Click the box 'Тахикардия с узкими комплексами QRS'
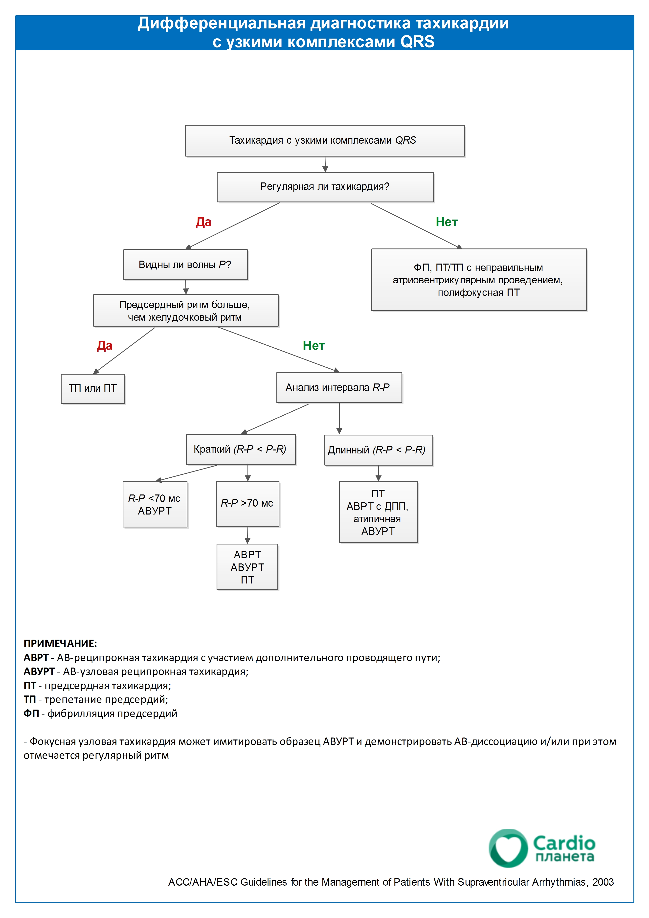[x=325, y=140]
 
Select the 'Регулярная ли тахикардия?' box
[x=325, y=187]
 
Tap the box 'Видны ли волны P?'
[x=185, y=265]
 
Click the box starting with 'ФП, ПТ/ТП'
[x=479, y=280]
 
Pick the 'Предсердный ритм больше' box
[x=186, y=311]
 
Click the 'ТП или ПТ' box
[x=93, y=389]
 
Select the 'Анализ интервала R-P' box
[x=339, y=387]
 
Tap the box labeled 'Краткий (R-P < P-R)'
[x=241, y=449]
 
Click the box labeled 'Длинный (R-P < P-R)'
[x=379, y=450]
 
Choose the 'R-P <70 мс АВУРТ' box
[x=155, y=504]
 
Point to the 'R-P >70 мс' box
[x=247, y=504]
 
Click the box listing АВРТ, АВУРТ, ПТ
[x=247, y=567]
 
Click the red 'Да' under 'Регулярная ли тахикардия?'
[x=203, y=222]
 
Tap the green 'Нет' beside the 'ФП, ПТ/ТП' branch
[x=447, y=222]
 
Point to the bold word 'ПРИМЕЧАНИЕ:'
[x=60, y=643]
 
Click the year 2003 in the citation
[x=603, y=882]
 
